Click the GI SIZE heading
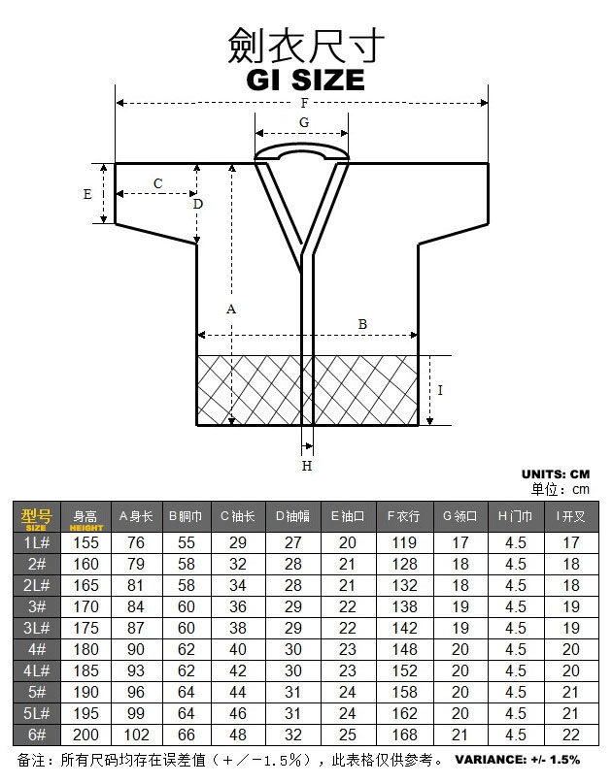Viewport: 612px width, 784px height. pos(305,80)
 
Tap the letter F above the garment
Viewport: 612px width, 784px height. pos(304,103)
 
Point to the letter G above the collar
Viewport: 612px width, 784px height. pos(304,122)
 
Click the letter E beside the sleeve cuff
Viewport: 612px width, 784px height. pos(87,194)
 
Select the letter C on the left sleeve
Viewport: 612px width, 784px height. pos(157,183)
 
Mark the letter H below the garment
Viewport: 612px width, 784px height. pos(307,466)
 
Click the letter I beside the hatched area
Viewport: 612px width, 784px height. pos(440,390)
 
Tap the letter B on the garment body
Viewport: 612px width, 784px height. pos(362,324)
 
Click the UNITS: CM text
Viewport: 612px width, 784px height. pos(556,474)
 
